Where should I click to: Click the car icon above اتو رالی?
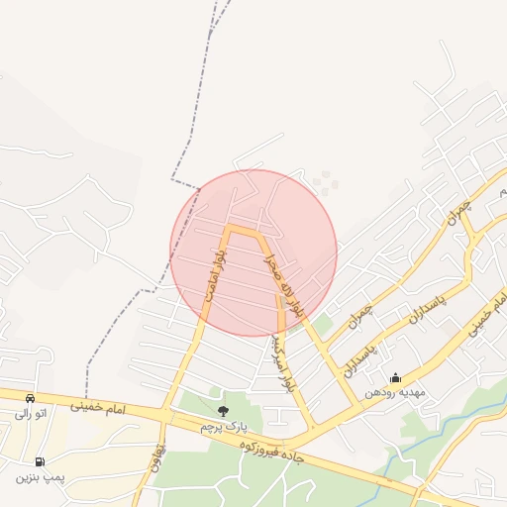(30, 398)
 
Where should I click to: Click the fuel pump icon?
(40, 461)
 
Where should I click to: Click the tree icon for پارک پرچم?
(222, 411)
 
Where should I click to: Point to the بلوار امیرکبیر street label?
(285, 361)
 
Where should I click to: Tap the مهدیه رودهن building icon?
(395, 377)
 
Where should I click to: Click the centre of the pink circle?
(253, 253)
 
